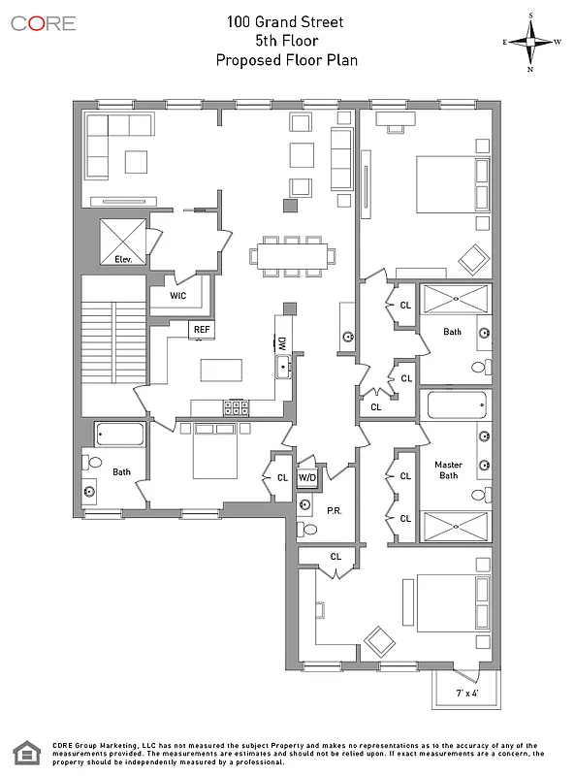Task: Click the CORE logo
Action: [43, 23]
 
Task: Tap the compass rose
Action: [531, 42]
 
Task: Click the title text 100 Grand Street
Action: [286, 20]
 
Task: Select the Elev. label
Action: [123, 260]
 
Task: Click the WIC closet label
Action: [178, 295]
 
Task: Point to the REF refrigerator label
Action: [201, 330]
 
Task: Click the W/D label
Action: [306, 477]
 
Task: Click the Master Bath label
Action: [448, 470]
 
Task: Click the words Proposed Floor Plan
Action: [286, 59]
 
